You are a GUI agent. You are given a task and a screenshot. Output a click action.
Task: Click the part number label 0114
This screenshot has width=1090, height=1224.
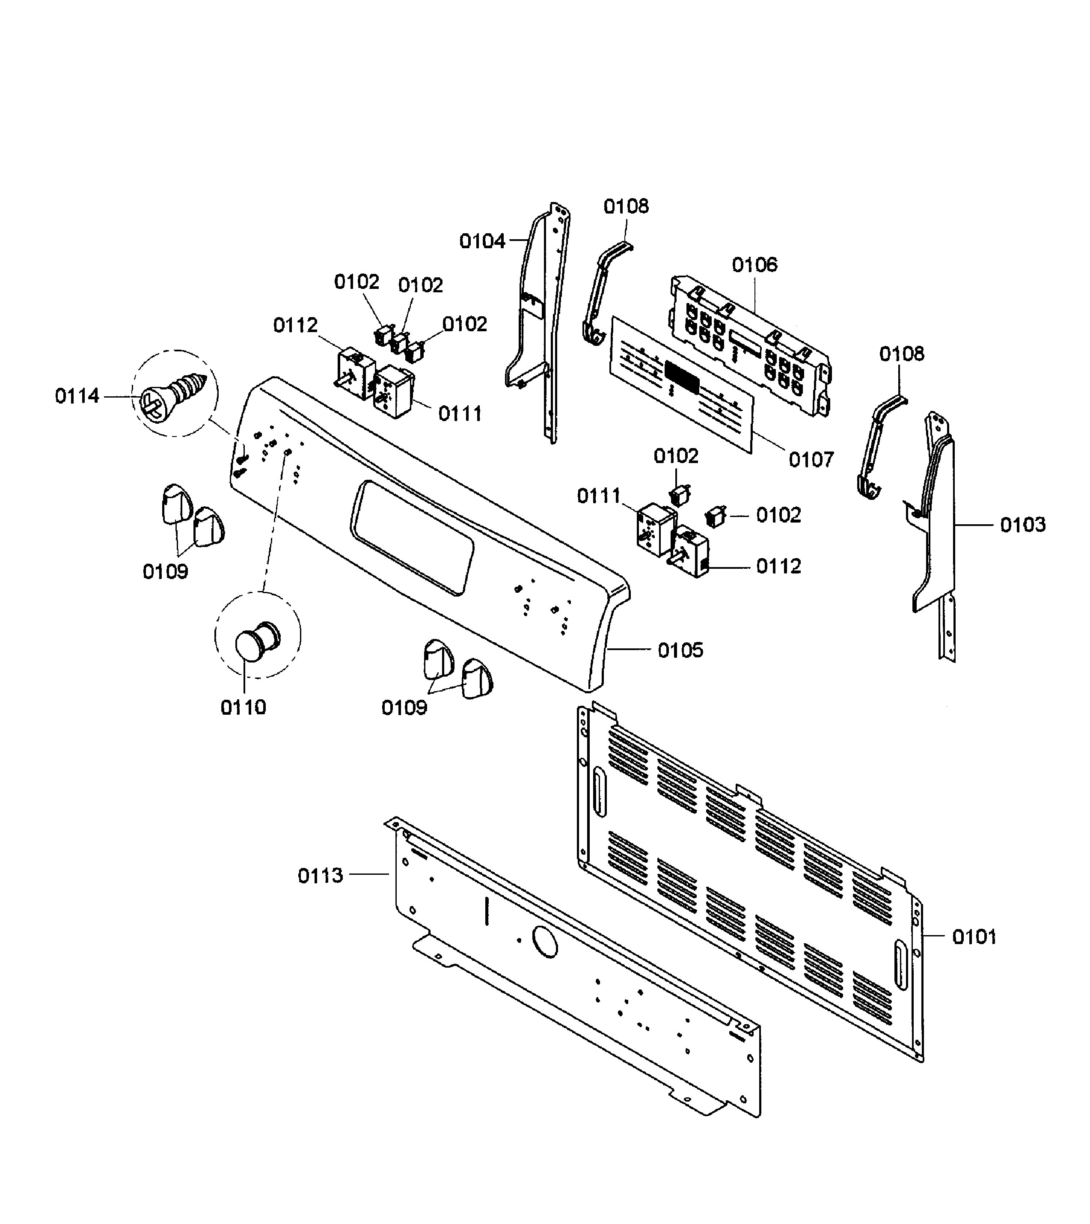click(x=77, y=396)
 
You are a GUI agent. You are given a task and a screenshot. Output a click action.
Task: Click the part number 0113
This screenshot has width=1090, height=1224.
click(x=321, y=876)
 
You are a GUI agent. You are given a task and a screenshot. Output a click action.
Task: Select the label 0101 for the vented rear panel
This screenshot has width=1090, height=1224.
click(x=974, y=936)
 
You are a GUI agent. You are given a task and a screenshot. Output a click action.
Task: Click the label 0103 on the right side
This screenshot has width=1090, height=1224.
click(x=1023, y=525)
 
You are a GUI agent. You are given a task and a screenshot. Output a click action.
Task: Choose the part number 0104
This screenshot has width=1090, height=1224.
click(x=482, y=241)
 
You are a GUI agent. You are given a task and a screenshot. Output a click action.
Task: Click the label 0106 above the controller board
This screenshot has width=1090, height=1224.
click(x=754, y=264)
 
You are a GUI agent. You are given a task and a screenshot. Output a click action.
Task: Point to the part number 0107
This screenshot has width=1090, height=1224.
click(x=811, y=460)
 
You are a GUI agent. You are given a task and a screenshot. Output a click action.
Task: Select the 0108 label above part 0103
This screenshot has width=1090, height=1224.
click(x=901, y=354)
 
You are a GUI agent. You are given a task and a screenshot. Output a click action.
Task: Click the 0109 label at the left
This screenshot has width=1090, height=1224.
click(x=165, y=571)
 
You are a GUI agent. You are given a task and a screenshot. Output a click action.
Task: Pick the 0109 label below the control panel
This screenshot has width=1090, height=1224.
click(x=404, y=708)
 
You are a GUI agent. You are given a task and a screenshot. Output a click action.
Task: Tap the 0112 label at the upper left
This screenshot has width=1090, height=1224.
click(x=295, y=325)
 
